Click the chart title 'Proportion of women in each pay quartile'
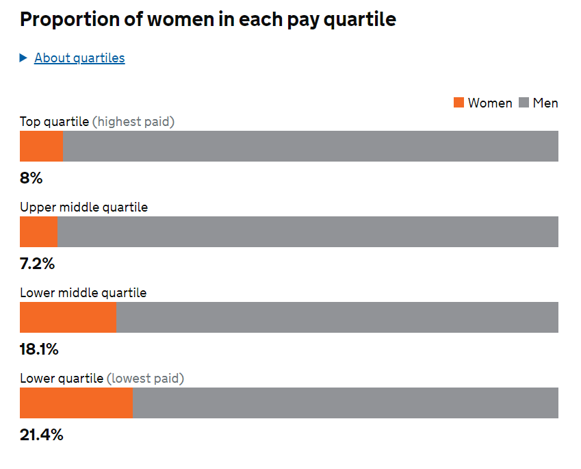tap(208, 19)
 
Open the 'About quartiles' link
tap(79, 58)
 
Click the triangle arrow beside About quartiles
tap(24, 58)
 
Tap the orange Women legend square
tap(459, 103)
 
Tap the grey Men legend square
tap(524, 103)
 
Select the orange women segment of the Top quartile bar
tap(41, 146)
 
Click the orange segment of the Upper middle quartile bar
tap(38, 231)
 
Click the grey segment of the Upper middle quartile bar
tap(307, 231)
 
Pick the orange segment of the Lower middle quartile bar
tap(68, 317)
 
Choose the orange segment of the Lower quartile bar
tap(76, 403)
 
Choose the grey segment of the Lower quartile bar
tap(345, 403)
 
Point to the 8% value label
tap(31, 178)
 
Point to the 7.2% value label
tap(37, 264)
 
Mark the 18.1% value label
tap(39, 349)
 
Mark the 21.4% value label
tap(41, 435)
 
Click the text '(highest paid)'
tap(133, 122)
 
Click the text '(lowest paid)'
tap(146, 379)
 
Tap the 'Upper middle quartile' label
tap(83, 207)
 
